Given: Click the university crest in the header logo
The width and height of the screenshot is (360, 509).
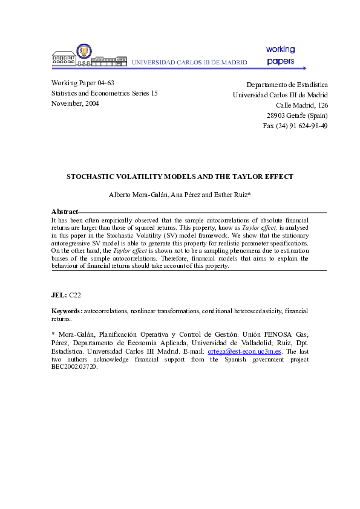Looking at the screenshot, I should point(84,51).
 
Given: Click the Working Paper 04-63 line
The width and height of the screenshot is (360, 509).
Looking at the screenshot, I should point(83,83).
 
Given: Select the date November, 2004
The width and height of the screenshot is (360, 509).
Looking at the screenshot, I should point(75,103).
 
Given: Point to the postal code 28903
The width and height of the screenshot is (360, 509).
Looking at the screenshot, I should point(277,115).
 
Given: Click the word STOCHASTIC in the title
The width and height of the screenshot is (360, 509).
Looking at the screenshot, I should point(90,177).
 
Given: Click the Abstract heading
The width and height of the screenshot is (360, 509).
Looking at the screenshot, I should point(65,212).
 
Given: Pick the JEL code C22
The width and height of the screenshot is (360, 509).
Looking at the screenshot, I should point(75,294).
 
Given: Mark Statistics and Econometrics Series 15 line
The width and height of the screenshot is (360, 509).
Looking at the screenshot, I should point(104,93).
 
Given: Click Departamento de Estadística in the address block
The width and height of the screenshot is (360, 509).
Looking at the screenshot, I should point(287,85).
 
